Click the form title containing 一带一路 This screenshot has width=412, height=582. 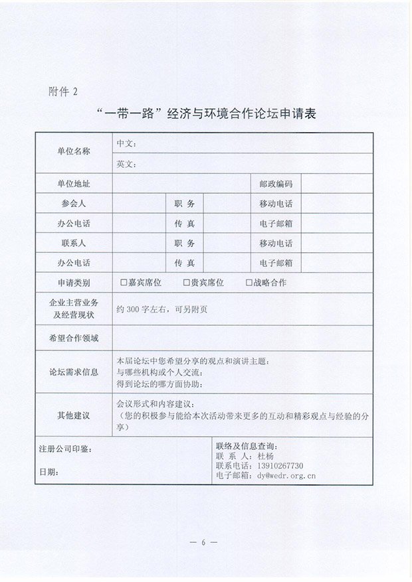[206, 114]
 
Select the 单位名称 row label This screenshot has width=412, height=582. [73, 151]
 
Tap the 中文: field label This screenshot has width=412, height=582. [126, 143]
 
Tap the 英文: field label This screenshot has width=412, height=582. [126, 163]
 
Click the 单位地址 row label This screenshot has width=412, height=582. [73, 184]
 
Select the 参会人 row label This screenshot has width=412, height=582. [73, 204]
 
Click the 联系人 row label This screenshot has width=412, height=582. [73, 244]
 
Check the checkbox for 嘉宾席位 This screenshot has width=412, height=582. [124, 283]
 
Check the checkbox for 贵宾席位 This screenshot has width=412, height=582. [186, 283]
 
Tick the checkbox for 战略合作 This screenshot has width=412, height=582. [249, 283]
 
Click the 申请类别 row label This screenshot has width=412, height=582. [73, 283]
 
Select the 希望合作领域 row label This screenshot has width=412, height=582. [73, 338]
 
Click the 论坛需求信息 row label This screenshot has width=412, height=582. [73, 372]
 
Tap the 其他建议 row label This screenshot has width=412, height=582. [73, 415]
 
